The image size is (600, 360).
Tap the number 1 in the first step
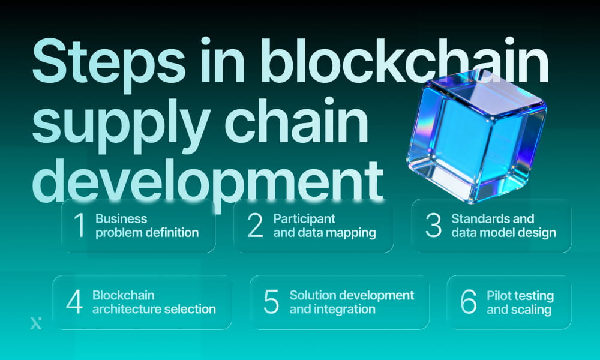click(x=79, y=226)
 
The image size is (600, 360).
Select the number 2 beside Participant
click(x=255, y=226)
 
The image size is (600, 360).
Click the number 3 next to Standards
click(x=433, y=226)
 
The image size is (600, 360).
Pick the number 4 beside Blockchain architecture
click(x=74, y=302)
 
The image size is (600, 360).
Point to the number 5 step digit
click(x=271, y=302)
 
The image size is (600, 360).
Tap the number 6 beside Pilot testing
click(x=468, y=302)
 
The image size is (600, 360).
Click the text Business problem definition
click(x=147, y=226)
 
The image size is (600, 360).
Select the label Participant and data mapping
click(x=325, y=226)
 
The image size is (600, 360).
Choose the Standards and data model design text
click(x=503, y=226)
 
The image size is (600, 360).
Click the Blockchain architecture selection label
click(x=154, y=302)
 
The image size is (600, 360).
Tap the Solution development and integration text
click(x=352, y=302)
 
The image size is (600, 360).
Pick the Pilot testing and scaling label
click(x=520, y=302)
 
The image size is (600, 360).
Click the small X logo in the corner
click(x=35, y=324)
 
